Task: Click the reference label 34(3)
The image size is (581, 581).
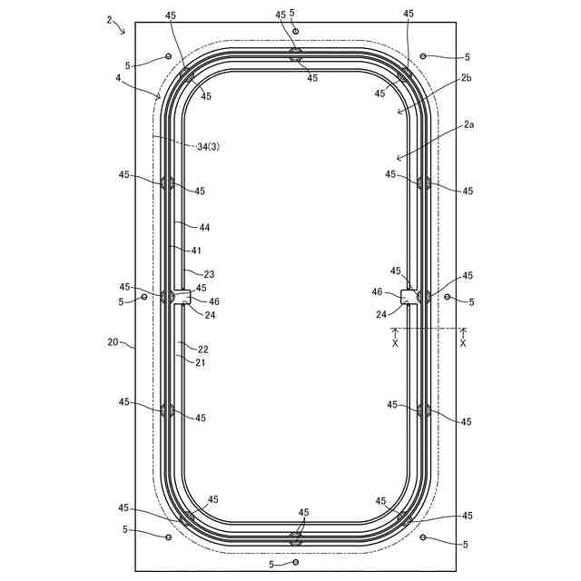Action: tap(208, 147)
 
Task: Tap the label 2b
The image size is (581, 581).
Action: tap(466, 78)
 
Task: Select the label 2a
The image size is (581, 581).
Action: tap(468, 125)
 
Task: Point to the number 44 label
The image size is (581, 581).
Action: tap(204, 228)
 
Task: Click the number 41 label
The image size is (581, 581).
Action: tap(196, 251)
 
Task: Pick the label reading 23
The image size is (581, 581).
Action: tap(210, 274)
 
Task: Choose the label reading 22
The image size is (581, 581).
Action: tap(203, 349)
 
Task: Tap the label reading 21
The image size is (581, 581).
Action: tap(200, 362)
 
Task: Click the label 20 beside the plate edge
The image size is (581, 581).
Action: tap(113, 341)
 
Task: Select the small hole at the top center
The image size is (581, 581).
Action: tap(295, 31)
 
